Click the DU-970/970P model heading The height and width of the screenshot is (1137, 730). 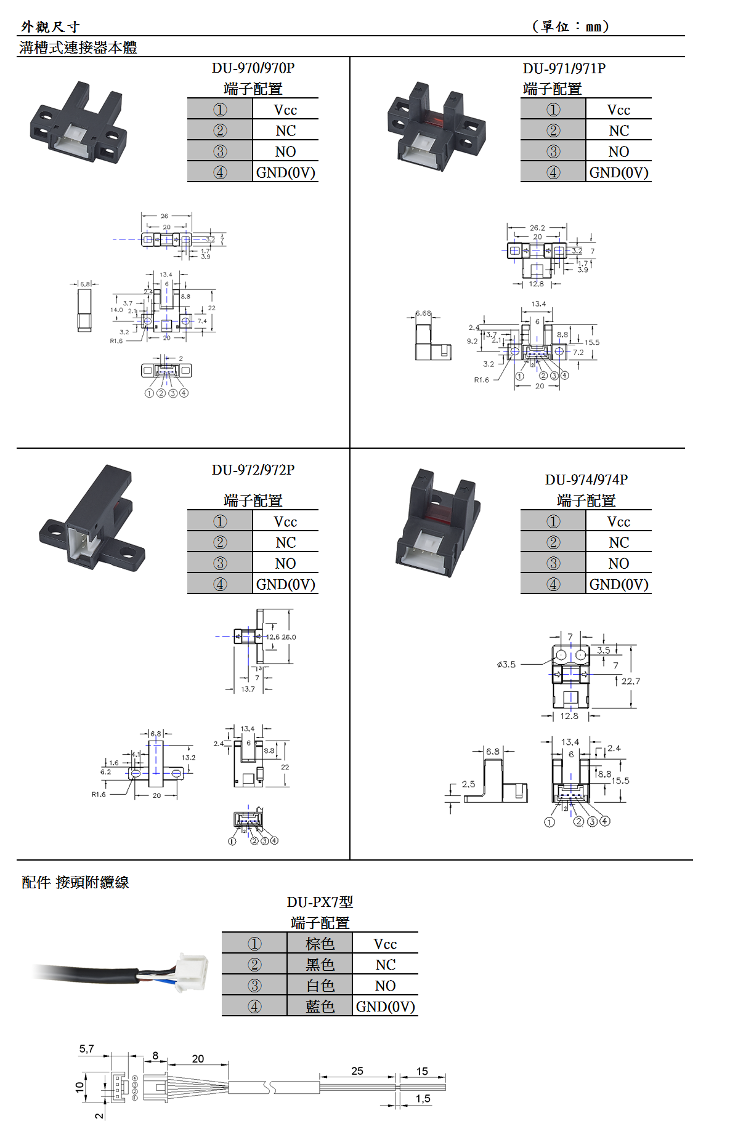[x=253, y=68]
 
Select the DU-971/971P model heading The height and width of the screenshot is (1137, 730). [x=564, y=68]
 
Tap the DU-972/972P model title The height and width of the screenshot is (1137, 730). [x=253, y=470]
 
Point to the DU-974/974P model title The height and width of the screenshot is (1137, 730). [x=586, y=480]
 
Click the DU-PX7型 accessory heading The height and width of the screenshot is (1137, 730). [x=320, y=902]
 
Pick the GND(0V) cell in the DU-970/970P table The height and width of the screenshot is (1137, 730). [x=285, y=172]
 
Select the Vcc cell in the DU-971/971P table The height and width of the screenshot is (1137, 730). [x=618, y=110]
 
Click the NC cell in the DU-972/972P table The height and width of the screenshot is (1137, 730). [x=285, y=542]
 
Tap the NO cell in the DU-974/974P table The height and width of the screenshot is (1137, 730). [x=618, y=563]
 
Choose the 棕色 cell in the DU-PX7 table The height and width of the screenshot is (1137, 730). [x=320, y=944]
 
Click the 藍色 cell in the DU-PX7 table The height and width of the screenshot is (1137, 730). [x=320, y=1006]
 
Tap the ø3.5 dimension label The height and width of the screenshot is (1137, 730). [x=506, y=665]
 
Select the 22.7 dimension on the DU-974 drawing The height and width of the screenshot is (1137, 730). [x=630, y=681]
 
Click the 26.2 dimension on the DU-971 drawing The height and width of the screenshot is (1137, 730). [x=537, y=228]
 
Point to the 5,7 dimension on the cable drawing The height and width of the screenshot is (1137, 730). [x=86, y=1049]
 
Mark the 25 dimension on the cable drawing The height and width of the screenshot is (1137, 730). [x=357, y=1071]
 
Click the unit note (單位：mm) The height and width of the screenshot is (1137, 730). [x=570, y=26]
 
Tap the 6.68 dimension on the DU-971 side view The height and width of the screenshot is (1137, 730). [x=423, y=313]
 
